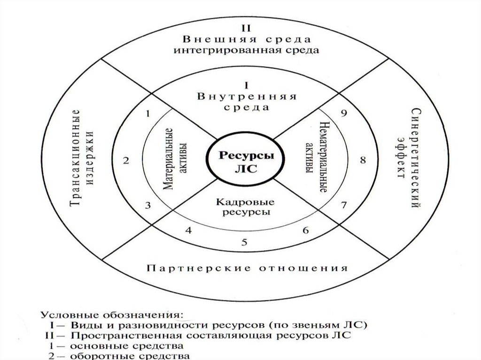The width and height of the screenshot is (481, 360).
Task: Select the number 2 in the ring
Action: [126, 161]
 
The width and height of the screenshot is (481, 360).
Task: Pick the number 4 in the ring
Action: [189, 230]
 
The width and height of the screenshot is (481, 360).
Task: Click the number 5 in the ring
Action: [244, 242]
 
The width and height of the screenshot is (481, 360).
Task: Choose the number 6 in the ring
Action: [305, 231]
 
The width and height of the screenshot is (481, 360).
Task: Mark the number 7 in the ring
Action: [343, 205]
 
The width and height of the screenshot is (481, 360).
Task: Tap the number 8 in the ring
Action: [362, 160]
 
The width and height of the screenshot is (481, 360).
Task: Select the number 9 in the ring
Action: [344, 113]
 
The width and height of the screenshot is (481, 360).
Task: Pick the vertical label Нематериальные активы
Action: [316, 155]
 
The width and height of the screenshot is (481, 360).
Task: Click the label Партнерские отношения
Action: [247, 268]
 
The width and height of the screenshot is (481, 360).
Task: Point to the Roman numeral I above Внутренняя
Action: [246, 86]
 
